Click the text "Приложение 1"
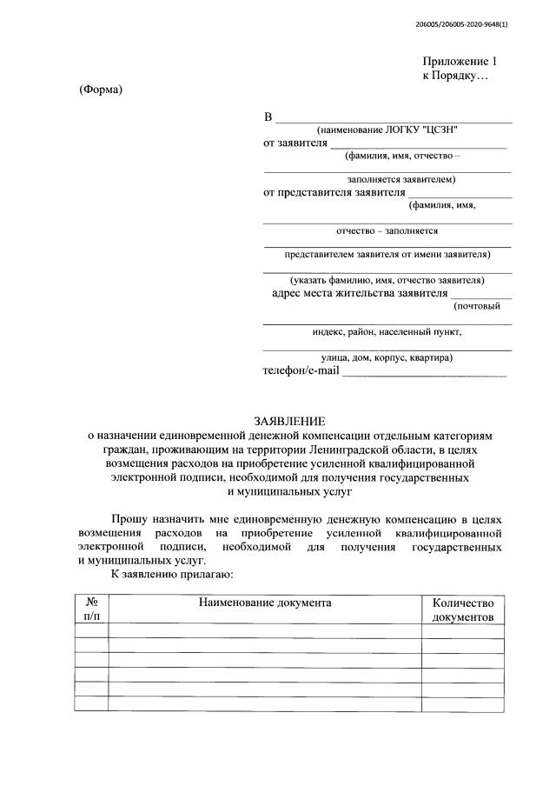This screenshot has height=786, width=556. click(x=460, y=62)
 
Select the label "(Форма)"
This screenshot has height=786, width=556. click(x=101, y=91)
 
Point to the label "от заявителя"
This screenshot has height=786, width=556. click(x=295, y=143)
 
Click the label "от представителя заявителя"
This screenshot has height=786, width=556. click(x=334, y=192)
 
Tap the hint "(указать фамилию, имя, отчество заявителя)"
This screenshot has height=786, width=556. click(x=387, y=280)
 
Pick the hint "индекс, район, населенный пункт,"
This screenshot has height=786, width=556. click(x=387, y=331)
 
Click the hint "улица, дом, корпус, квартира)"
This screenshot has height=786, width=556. click(x=387, y=357)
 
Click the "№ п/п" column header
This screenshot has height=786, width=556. click(x=91, y=609)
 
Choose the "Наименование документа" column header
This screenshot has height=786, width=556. click(x=265, y=603)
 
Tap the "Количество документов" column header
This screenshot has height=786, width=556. click(x=462, y=609)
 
